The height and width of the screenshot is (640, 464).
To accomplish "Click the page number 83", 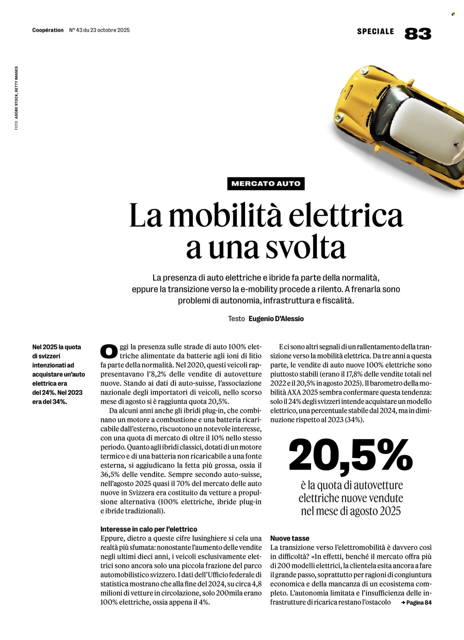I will (418, 34).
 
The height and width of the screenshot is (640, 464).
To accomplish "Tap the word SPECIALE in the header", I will (375, 31).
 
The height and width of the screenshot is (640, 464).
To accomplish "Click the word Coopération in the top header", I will (48, 30).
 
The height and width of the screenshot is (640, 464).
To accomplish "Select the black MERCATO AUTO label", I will (266, 183).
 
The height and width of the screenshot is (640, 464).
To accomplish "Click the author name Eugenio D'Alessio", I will (276, 319).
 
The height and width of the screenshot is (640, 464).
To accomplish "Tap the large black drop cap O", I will (109, 351).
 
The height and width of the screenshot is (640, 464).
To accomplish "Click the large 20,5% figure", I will (350, 455).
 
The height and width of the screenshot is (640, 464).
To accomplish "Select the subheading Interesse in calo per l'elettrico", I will (148, 529).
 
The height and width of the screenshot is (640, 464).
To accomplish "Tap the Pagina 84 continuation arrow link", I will (416, 603).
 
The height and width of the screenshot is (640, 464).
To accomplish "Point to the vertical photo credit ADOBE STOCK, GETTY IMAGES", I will (16, 98).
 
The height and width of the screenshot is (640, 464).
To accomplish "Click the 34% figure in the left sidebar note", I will (59, 402).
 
